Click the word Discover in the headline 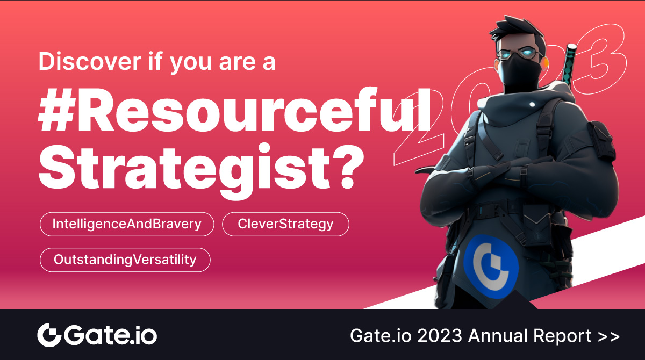90,61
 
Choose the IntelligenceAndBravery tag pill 127,224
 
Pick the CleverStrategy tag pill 285,224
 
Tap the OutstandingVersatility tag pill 125,260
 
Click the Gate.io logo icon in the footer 49,335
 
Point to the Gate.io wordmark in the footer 111,335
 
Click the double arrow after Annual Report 608,336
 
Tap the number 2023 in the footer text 440,335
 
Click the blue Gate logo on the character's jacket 491,266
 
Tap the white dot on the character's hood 533,104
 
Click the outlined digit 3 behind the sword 600,59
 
